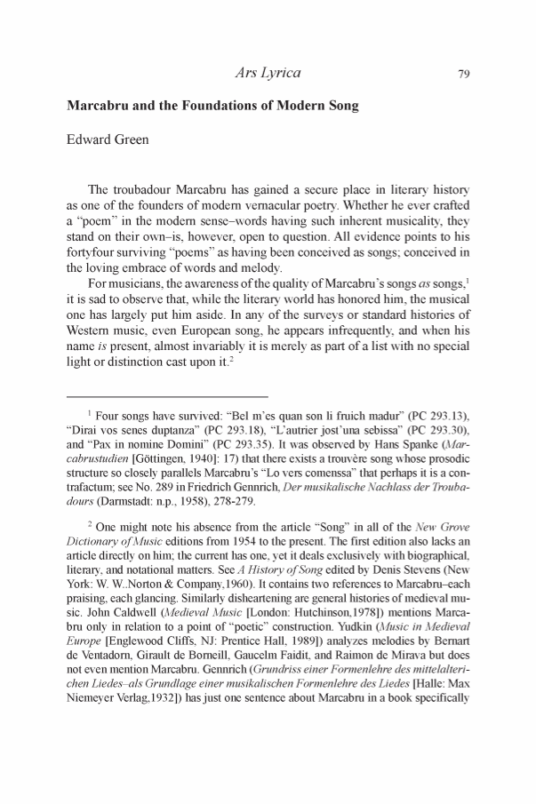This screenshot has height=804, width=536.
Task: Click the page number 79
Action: tap(463, 75)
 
